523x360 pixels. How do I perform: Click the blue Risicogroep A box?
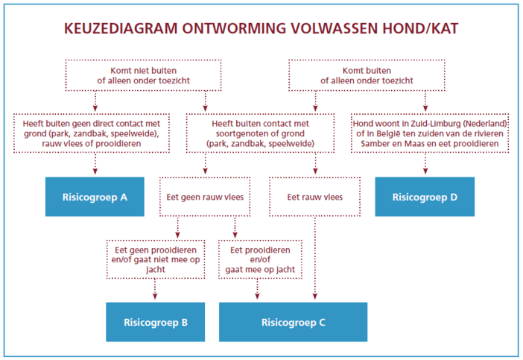pos(95,197)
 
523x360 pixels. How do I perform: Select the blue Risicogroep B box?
pos(156,322)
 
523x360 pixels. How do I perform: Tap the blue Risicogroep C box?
pos(294,322)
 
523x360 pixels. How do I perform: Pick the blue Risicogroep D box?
pos(425,197)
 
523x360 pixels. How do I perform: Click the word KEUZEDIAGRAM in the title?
pos(121,28)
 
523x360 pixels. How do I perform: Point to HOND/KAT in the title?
pos(420,28)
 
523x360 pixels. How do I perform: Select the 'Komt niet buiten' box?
pos(144,75)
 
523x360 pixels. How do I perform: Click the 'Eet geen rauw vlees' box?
pos(205,197)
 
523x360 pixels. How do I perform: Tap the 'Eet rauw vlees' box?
pos(315,197)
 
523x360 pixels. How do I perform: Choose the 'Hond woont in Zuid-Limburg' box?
pos(430,133)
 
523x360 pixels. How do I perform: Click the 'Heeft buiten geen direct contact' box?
pos(92,133)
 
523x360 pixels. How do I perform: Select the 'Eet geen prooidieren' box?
pos(156,259)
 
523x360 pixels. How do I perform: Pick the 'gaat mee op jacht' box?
pos(260,259)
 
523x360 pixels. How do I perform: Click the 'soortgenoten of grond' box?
pos(260,133)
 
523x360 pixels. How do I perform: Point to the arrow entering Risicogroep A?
pos(95,163)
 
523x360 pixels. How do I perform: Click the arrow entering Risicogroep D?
pos(425,163)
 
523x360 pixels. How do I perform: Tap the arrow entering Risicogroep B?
pos(155,289)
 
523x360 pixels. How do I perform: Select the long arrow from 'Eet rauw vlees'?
pos(315,258)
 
